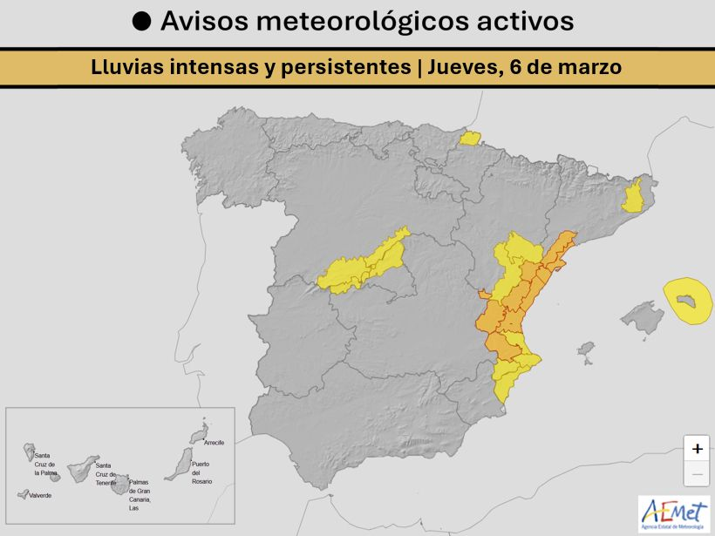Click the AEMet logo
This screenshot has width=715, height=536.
tap(674, 514)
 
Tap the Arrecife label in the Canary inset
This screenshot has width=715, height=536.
tap(214, 443)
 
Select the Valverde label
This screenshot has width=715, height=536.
tap(40, 495)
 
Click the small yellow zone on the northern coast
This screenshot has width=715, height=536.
tap(470, 138)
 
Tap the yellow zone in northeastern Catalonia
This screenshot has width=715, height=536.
tap(633, 196)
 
